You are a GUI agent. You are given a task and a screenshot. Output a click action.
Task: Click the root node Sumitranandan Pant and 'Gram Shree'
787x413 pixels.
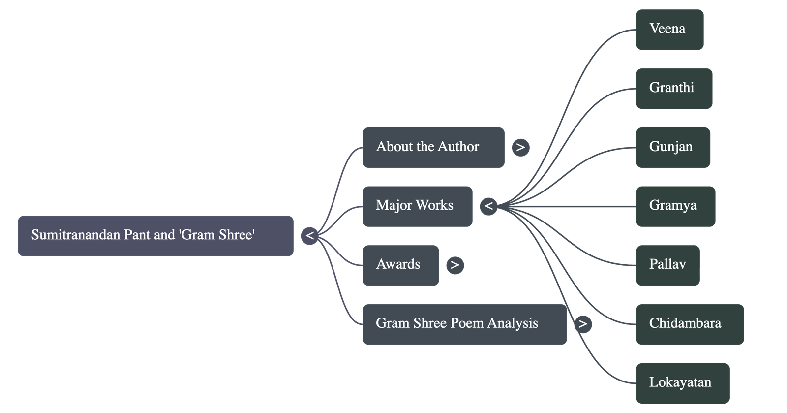pos(155,236)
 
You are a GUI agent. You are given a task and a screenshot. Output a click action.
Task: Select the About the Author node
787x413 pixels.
pos(433,148)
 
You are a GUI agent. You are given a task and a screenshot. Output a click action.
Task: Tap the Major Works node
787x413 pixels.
pos(417,206)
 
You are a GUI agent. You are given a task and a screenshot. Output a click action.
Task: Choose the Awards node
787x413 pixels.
pos(400,265)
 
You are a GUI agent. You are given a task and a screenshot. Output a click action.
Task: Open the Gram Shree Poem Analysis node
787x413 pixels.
pos(464,324)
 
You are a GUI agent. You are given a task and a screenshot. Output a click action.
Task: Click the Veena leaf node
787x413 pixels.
pos(669,30)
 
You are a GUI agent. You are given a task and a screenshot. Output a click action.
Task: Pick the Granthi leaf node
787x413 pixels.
pos(673,89)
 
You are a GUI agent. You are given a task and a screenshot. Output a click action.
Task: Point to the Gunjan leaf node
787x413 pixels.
pos(672,148)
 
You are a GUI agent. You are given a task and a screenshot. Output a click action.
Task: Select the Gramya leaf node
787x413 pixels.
pos(675,206)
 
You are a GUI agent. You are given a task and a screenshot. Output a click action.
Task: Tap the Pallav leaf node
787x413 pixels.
pos(667,265)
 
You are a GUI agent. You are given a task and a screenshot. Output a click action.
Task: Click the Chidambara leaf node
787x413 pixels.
pos(690,324)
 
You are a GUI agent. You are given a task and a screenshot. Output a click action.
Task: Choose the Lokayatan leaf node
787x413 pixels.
pos(682,383)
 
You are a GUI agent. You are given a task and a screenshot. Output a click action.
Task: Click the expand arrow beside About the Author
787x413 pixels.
pos(520,147)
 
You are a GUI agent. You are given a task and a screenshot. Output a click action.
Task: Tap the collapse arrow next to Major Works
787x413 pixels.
pos(488,206)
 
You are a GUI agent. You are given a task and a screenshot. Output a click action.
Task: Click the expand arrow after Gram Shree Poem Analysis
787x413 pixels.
pos(583,324)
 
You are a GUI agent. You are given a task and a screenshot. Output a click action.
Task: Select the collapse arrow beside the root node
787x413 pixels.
pos(309,236)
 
